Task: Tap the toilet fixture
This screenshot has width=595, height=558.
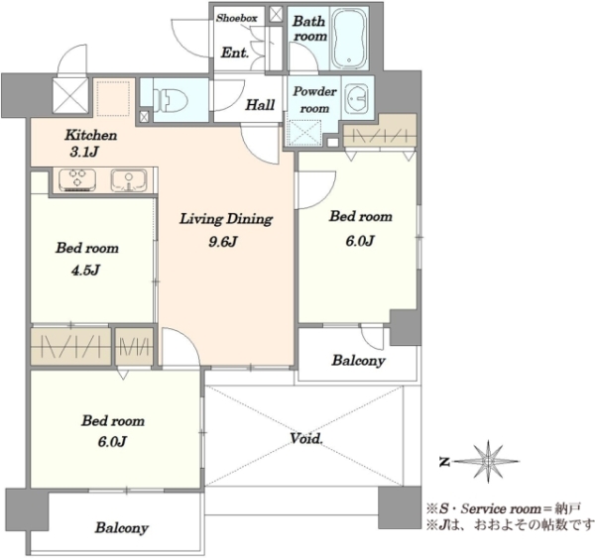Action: click(x=171, y=100)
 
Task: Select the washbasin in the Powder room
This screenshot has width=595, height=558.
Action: click(x=357, y=98)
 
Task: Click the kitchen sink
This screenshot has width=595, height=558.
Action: click(x=129, y=180)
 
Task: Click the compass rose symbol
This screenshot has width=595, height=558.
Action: click(x=488, y=461)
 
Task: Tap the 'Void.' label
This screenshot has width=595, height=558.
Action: click(x=306, y=438)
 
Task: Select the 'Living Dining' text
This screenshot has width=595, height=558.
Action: click(x=226, y=219)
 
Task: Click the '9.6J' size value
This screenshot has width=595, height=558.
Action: click(x=223, y=241)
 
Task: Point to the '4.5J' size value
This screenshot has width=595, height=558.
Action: click(x=85, y=271)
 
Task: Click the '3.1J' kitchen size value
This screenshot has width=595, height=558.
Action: click(x=84, y=152)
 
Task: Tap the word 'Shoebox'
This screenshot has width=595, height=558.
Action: click(x=237, y=18)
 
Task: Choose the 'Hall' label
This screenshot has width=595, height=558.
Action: click(x=260, y=105)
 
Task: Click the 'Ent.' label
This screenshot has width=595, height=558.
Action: click(x=235, y=53)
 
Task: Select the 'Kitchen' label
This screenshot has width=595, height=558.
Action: click(x=91, y=135)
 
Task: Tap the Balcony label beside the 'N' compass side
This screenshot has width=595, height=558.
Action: click(x=121, y=527)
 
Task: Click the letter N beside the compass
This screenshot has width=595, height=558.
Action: click(x=444, y=462)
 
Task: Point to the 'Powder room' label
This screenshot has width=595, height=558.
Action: click(x=314, y=100)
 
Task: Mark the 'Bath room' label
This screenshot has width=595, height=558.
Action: click(x=309, y=29)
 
